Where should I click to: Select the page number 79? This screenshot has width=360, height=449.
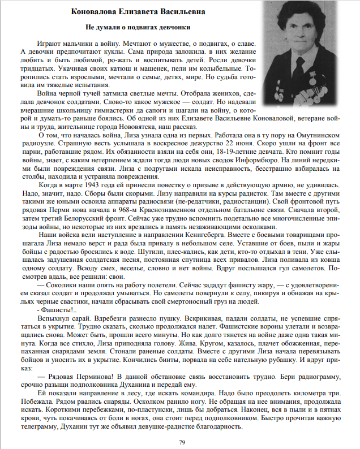click(x=182, y=442)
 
